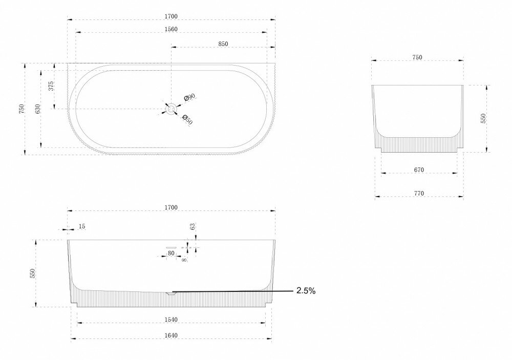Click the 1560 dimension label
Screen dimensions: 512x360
coord(170,29)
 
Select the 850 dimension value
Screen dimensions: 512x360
coord(223,44)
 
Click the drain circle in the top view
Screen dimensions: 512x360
coord(171,108)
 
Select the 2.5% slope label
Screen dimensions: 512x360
coord(306,291)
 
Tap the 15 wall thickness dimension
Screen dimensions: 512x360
coord(82,226)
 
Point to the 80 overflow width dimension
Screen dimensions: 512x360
coord(171,253)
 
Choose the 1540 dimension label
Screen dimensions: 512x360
coord(170,320)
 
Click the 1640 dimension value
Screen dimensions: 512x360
coord(170,335)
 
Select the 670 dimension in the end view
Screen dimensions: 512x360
coord(418,170)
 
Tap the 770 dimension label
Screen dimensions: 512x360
coord(418,193)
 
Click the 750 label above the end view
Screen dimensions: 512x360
coord(417,57)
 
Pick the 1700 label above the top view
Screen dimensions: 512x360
coord(170,16)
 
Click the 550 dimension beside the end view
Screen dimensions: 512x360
coord(483,119)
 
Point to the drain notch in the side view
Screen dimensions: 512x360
coord(171,293)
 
